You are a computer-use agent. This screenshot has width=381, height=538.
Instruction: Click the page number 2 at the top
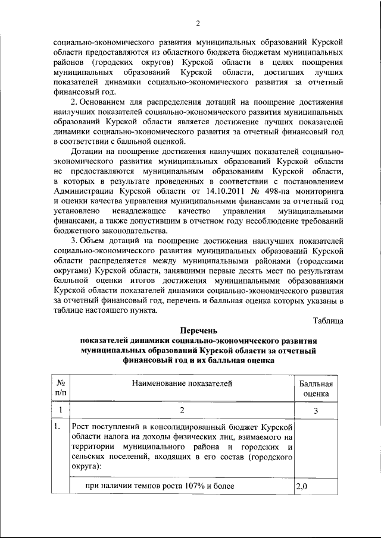click(x=197, y=23)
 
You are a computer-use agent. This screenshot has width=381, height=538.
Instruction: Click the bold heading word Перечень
click(x=198, y=331)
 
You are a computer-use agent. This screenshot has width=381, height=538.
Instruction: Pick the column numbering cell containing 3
click(x=316, y=411)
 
